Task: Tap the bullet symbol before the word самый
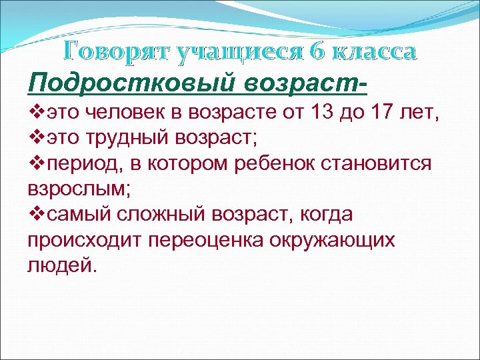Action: point(35,215)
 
